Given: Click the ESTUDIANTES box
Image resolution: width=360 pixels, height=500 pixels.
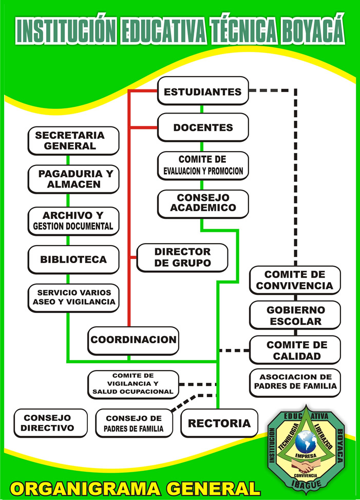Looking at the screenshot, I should [203, 91].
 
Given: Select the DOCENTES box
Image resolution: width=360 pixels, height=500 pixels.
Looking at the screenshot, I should [203, 127].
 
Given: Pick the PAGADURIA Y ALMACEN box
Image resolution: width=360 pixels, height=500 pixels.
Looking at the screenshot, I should [73, 179].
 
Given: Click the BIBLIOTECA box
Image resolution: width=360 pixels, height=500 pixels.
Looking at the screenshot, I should [73, 260].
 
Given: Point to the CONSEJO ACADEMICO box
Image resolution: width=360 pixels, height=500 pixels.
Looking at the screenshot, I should [203, 203].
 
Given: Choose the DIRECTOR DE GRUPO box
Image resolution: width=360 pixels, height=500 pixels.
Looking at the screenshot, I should [182, 257].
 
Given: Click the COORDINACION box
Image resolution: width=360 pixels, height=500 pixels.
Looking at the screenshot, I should [133, 340].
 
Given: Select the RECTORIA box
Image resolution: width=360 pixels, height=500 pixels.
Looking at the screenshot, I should [219, 423].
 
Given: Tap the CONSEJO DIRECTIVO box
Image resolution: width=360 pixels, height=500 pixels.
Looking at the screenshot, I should [50, 423].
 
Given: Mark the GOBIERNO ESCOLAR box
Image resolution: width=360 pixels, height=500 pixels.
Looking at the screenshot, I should [295, 316].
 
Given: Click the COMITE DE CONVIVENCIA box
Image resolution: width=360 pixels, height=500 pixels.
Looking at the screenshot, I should [295, 280].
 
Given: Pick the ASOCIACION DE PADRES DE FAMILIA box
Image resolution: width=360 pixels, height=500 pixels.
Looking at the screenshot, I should [295, 382].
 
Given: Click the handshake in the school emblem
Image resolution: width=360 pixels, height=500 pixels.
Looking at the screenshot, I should [307, 466].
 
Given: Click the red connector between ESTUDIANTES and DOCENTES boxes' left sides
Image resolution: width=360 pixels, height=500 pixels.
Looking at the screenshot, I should [128, 109].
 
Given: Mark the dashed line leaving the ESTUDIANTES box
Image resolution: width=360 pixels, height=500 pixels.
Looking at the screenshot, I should [272, 91].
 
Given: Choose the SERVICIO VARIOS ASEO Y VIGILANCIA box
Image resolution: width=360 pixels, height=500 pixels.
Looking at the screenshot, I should [73, 298].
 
